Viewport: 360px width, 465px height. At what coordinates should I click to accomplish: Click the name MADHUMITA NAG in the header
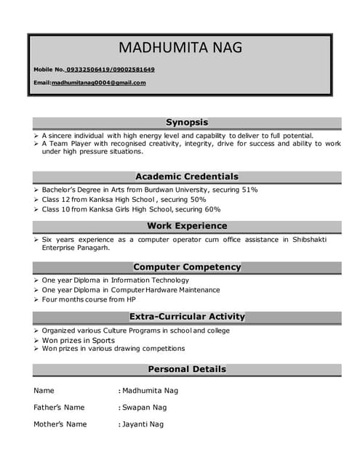[x=180, y=48]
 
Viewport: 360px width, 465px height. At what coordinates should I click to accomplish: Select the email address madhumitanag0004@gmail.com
[x=98, y=83]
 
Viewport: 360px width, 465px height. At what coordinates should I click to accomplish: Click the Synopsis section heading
[x=187, y=122]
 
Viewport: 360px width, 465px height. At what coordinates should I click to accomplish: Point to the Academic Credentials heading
[x=187, y=177]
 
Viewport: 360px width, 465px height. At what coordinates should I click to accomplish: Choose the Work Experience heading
[x=187, y=226]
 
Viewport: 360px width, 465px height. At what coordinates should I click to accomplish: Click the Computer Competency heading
[x=187, y=267]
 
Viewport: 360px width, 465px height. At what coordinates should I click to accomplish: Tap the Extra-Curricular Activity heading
[x=187, y=317]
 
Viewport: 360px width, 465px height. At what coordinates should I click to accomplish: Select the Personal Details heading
[x=187, y=369]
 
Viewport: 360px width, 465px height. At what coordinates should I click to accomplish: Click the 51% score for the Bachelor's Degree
[x=250, y=190]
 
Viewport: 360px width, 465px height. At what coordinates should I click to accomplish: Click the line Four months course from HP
[x=89, y=299]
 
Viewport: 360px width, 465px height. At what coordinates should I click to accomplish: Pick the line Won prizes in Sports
[x=79, y=340]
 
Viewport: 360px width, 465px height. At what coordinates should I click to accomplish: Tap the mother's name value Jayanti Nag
[x=143, y=424]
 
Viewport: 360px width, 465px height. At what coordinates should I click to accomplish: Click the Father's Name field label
[x=59, y=408]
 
